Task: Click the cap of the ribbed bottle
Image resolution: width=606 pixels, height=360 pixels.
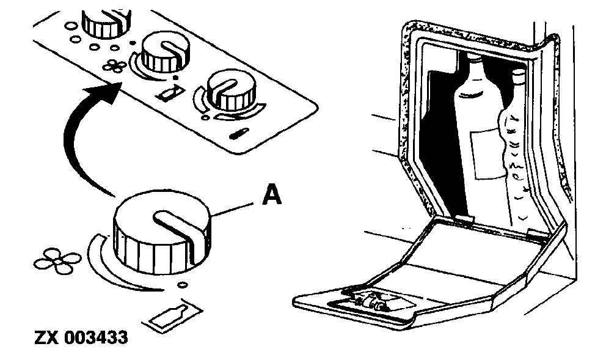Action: pyautogui.click(x=519, y=77)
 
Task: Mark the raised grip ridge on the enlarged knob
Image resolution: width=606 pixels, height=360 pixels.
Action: pyautogui.click(x=178, y=229)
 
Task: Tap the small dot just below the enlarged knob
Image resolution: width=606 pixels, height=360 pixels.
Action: pyautogui.click(x=181, y=285)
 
